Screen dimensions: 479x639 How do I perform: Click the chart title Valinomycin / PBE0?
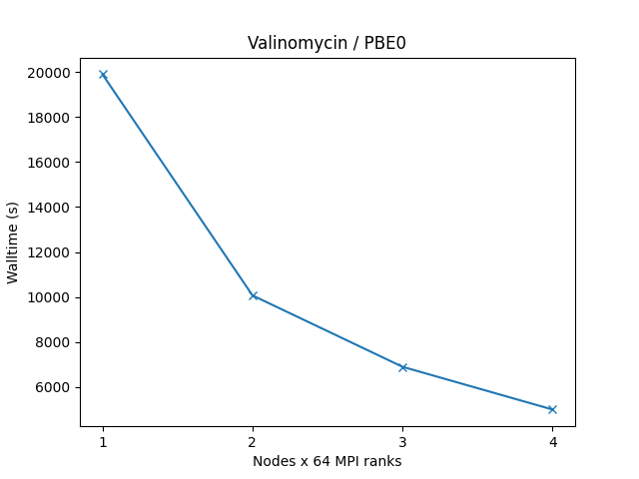pos(327,43)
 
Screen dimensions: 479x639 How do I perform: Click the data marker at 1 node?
pos(103,75)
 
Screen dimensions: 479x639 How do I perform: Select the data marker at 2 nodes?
pos(253,295)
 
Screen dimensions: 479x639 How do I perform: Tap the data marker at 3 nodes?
pos(402,367)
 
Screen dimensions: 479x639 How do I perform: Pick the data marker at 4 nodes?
pos(552,409)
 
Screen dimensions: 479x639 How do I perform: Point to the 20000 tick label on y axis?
pos(50,73)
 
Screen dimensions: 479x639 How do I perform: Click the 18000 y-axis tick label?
pos(50,118)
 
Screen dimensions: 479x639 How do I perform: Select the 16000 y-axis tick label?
pos(50,163)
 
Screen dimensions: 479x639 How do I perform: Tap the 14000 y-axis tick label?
pos(50,208)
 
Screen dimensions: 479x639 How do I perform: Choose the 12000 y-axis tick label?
pos(50,252)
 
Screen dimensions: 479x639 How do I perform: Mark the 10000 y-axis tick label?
pos(50,297)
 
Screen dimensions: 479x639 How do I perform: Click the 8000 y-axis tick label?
pos(54,342)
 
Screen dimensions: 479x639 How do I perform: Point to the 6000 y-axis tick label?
pos(54,387)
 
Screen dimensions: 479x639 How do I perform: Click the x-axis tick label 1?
pos(103,442)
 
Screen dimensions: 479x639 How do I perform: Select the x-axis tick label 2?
pos(253,442)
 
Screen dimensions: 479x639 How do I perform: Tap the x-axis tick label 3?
pos(402,442)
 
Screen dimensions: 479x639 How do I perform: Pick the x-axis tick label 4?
pos(552,442)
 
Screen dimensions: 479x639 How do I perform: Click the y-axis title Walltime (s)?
pos(13,242)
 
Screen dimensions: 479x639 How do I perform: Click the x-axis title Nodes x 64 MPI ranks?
pos(327,461)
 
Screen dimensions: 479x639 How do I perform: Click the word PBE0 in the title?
pos(386,43)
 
